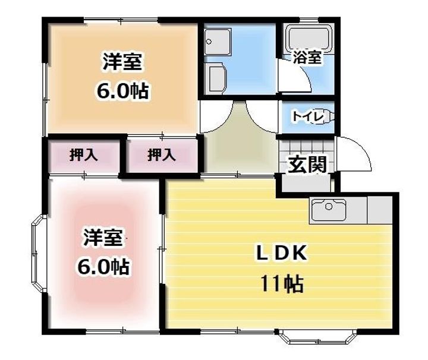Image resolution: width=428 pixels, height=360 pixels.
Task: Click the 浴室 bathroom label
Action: pyautogui.click(x=307, y=58)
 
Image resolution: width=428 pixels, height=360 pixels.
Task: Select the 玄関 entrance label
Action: pyautogui.click(x=307, y=164)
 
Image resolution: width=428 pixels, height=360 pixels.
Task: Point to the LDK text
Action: pyautogui.click(x=281, y=254)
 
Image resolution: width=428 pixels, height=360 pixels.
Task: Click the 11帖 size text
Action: pyautogui.click(x=281, y=285)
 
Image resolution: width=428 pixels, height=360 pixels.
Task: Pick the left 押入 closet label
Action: pyautogui.click(x=84, y=156)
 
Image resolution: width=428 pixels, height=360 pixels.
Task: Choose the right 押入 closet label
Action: pyautogui.click(x=162, y=156)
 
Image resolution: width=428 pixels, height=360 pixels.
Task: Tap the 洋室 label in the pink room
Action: pyautogui.click(x=102, y=238)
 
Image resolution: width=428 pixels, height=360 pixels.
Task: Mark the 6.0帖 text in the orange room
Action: pyautogui.click(x=123, y=92)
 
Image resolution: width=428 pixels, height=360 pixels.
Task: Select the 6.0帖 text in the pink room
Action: pyautogui.click(x=102, y=267)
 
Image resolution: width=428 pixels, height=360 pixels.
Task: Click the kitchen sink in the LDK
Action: pyautogui.click(x=328, y=211)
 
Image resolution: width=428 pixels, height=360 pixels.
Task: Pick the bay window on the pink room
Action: pyautogui.click(x=39, y=255)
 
